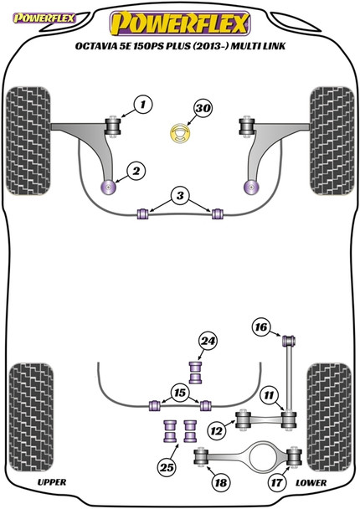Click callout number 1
143,105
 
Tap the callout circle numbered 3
178,197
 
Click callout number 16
260,327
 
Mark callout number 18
221,482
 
